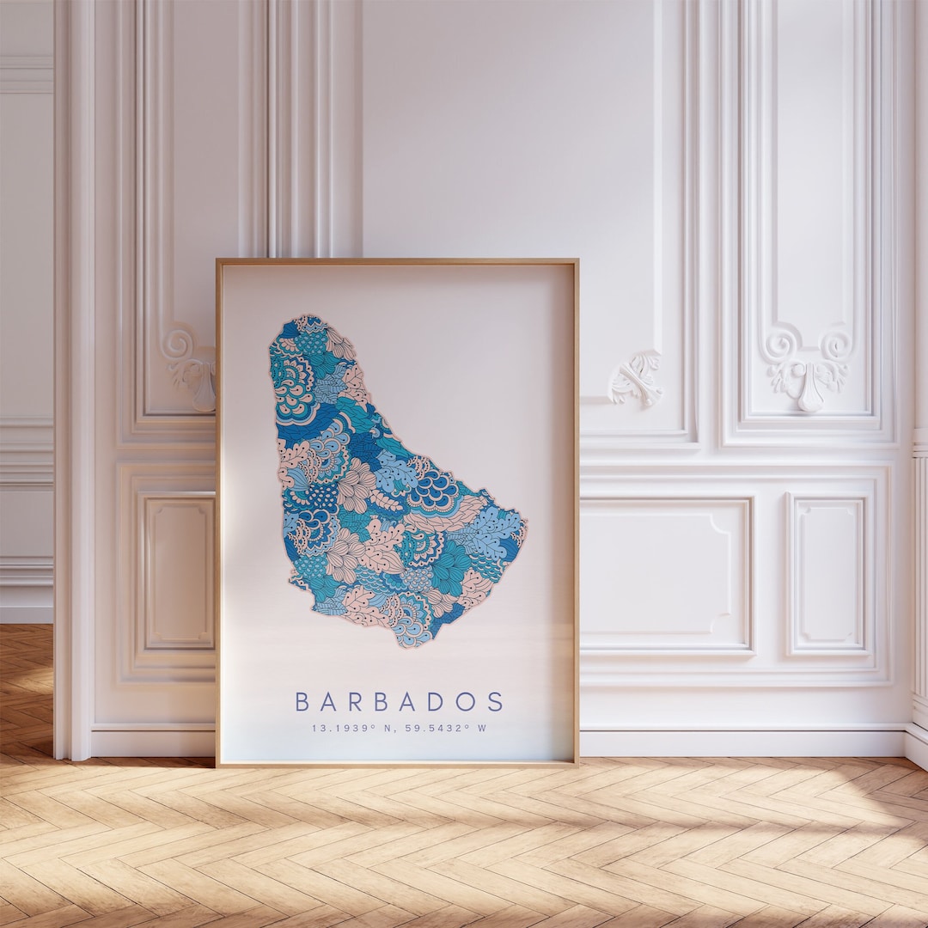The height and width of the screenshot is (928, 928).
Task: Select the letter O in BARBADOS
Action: pyautogui.click(x=465, y=701)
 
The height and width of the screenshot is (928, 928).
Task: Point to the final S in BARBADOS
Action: pyautogui.click(x=496, y=701)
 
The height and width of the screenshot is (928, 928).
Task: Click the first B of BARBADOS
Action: pyautogui.click(x=302, y=701)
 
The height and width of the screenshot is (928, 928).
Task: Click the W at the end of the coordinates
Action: pyautogui.click(x=482, y=729)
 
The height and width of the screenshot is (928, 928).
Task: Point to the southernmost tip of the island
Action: pyautogui.click(x=411, y=645)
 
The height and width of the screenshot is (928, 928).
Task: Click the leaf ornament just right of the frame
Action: pyautogui.click(x=636, y=378)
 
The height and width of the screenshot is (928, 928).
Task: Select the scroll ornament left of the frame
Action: pyautogui.click(x=189, y=365)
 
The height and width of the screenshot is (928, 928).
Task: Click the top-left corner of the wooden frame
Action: pyautogui.click(x=218, y=261)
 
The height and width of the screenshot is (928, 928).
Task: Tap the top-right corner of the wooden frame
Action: pyautogui.click(x=577, y=261)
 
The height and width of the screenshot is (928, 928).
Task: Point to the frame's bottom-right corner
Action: pyautogui.click(x=577, y=763)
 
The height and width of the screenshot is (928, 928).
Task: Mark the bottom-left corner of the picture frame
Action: pyautogui.click(x=218, y=763)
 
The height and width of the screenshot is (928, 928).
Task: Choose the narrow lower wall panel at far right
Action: pyautogui.click(x=827, y=574)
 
